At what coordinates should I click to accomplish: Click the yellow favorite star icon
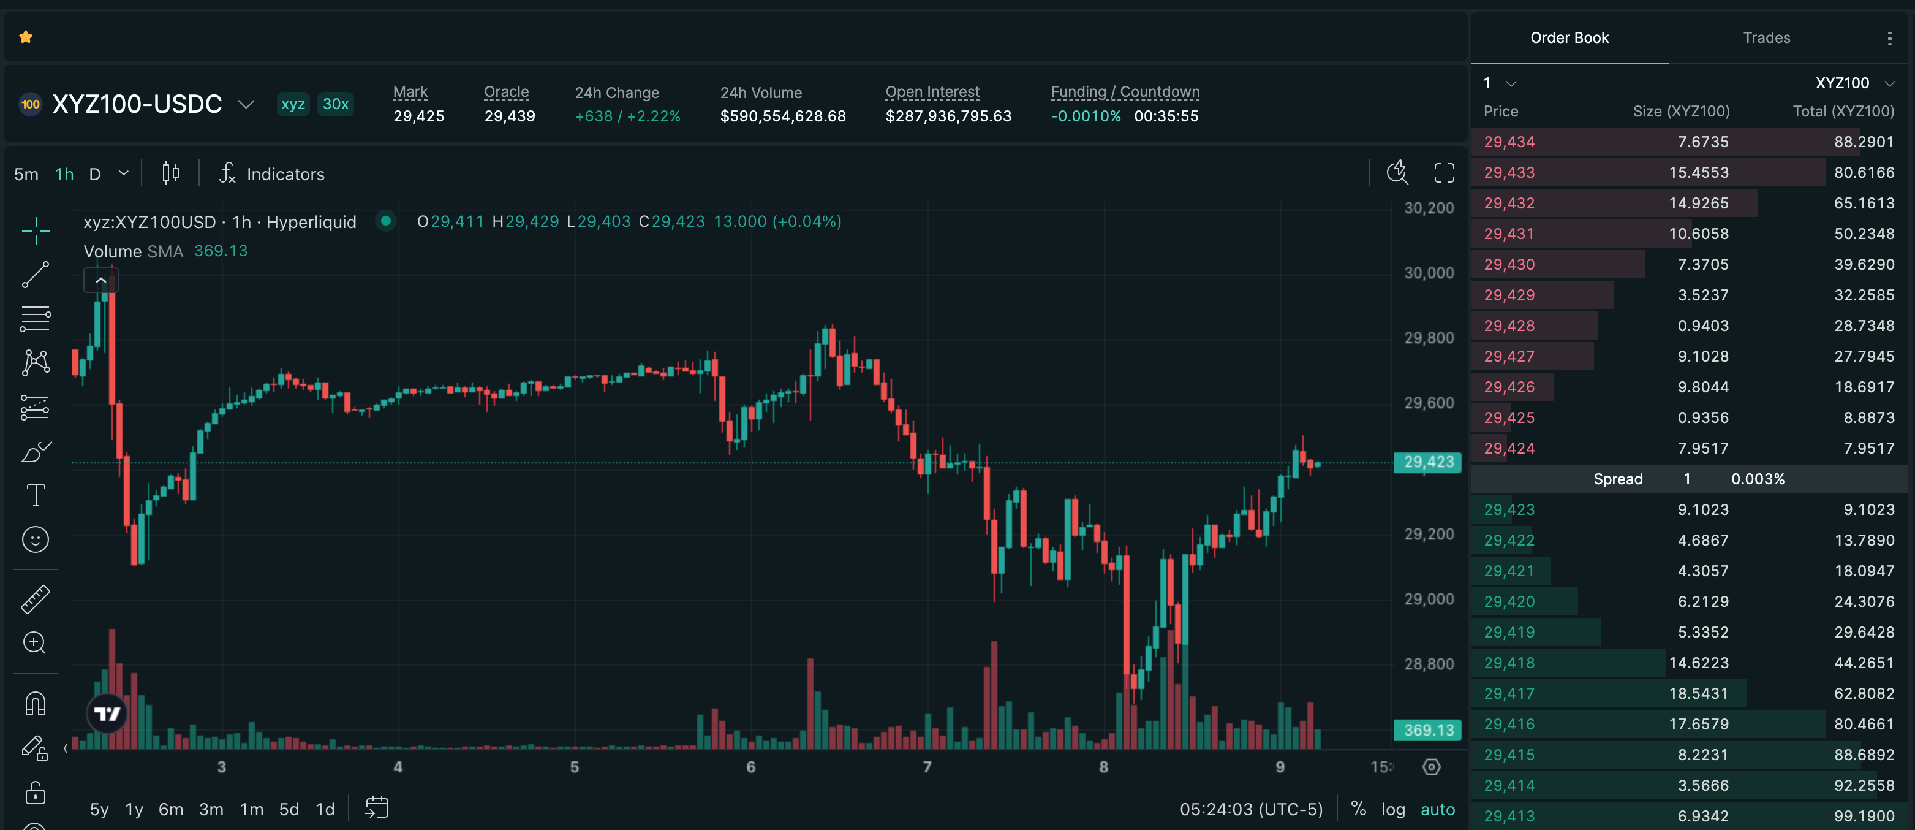(26, 37)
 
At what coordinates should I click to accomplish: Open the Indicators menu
(272, 174)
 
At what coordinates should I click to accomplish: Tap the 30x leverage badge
(335, 104)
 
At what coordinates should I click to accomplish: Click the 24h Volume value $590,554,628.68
(783, 116)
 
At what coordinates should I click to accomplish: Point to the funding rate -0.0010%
(1086, 116)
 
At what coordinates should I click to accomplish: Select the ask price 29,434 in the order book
(1509, 142)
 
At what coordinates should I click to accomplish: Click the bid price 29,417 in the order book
(1509, 694)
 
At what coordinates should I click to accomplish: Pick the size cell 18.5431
(1699, 694)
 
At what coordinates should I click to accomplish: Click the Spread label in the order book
(1618, 479)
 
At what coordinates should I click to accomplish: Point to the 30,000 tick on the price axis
(1429, 273)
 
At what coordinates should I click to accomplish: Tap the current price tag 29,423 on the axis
(1428, 462)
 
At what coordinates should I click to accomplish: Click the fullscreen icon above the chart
(1444, 173)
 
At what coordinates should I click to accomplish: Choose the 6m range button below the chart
(171, 809)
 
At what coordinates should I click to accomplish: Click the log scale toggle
(1393, 809)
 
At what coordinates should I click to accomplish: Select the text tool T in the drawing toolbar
(36, 495)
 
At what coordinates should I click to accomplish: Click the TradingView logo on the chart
(107, 714)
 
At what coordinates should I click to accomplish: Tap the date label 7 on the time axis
(927, 767)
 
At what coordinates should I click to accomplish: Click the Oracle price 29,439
(509, 116)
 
